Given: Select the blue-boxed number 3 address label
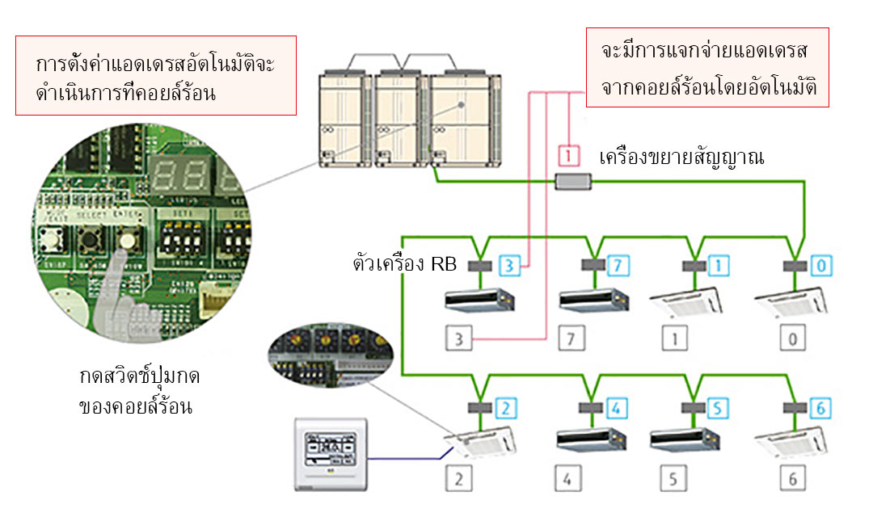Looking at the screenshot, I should pos(509,264).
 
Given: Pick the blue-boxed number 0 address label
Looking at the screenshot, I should pos(820,264).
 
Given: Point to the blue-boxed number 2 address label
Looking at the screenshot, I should pos(503,408).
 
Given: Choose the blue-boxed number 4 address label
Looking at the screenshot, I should pos(615,408).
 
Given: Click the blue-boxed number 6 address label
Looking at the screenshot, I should pos(820,408).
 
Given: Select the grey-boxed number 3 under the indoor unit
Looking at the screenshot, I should pos(459,338).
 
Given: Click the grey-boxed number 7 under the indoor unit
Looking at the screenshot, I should pos(570,338).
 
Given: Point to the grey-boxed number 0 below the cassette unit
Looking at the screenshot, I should pos(792,338).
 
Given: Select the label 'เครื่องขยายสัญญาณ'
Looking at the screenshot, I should pos(681,157).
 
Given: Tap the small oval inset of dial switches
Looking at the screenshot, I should pos(330,355).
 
